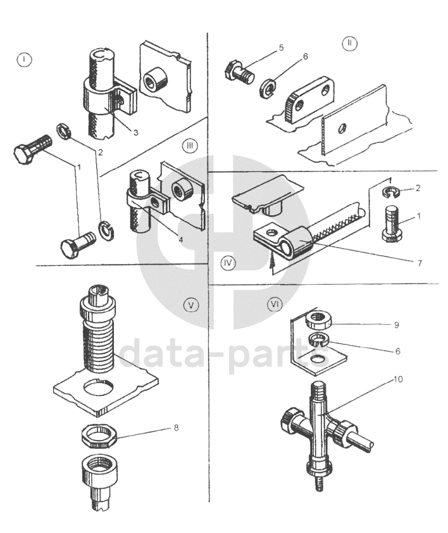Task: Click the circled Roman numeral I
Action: (x=24, y=60)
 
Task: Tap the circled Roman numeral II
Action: (x=349, y=44)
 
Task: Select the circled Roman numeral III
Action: (x=190, y=146)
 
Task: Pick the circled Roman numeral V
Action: (x=190, y=305)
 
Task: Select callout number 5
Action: (x=264, y=47)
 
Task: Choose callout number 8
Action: (x=176, y=428)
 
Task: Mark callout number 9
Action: (x=397, y=325)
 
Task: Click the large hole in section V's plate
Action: (x=103, y=386)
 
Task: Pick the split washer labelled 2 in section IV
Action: (x=392, y=188)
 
